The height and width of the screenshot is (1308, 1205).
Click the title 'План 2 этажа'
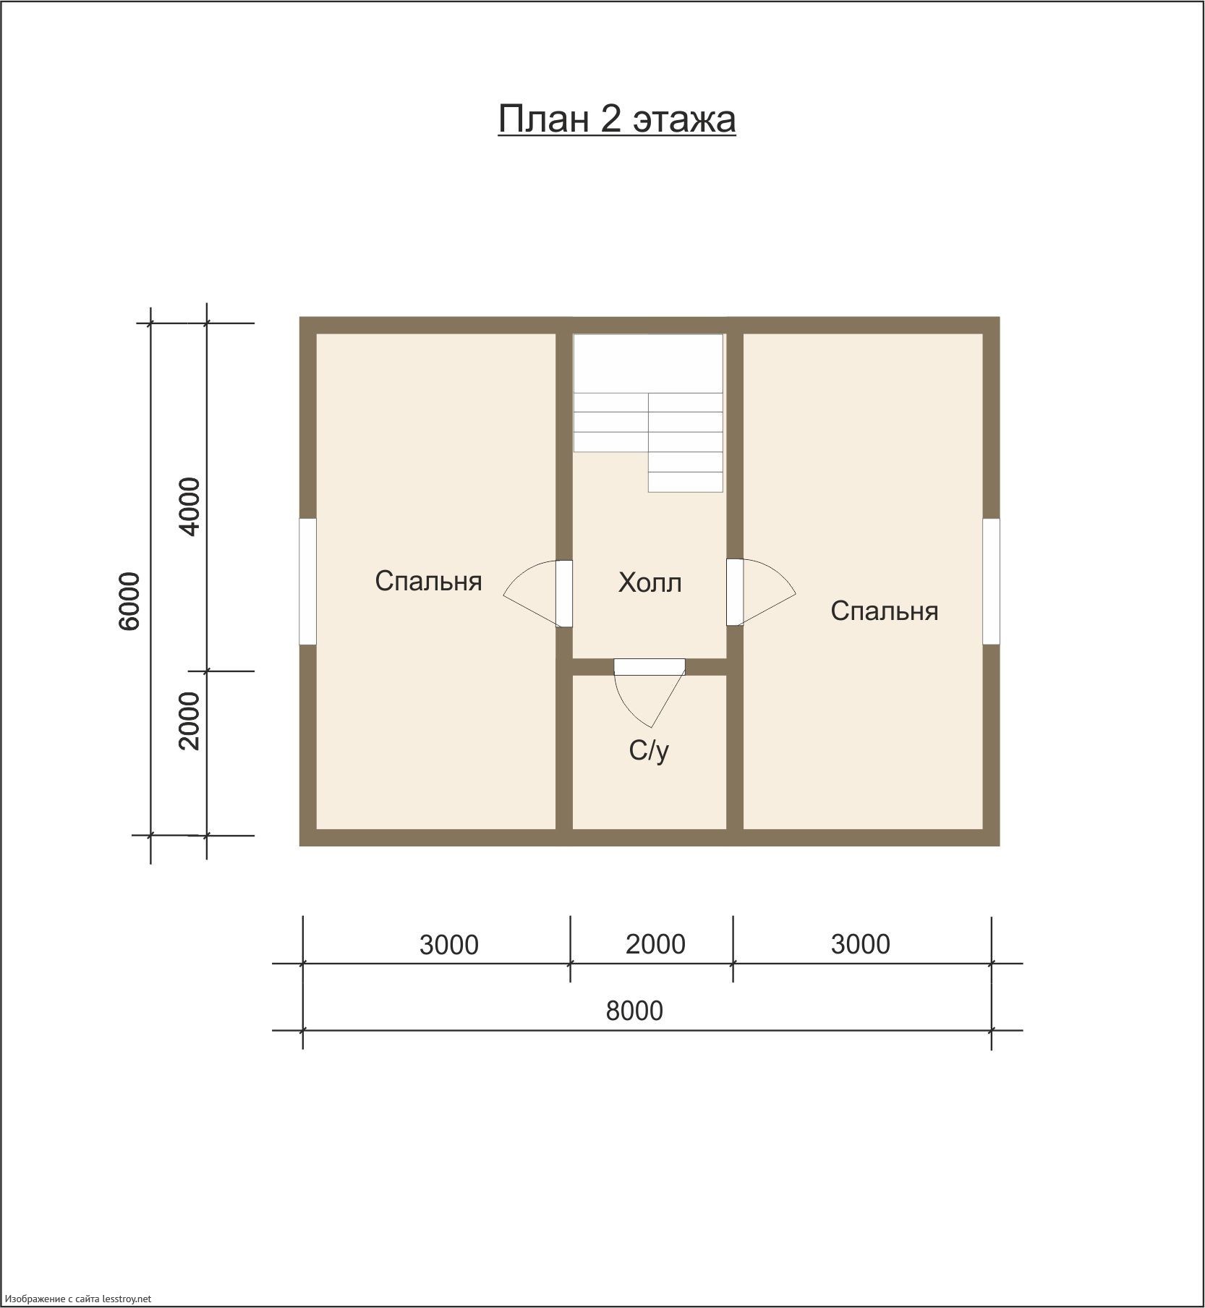coord(616,119)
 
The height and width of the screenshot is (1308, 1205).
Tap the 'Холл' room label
coord(650,582)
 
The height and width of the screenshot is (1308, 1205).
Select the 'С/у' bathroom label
coord(649,751)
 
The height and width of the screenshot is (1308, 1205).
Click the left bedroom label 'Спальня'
coord(428,581)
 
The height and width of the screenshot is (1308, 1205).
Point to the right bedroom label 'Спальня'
coord(884,611)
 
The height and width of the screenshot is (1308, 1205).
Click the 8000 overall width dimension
coord(634,1011)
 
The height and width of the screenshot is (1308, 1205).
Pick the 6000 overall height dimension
coord(129,601)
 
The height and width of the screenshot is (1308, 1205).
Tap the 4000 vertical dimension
coord(190,506)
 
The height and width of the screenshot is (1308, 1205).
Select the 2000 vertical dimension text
coord(190,721)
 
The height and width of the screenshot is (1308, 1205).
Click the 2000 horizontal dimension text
coord(655,944)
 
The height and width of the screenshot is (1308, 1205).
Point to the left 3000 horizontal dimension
coord(449,945)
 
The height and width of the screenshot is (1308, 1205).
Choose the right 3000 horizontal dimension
coord(860,944)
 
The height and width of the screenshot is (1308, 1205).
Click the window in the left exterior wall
coord(307,581)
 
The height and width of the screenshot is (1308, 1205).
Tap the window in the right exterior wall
coord(991,581)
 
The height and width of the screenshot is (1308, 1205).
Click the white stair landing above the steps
coord(648,363)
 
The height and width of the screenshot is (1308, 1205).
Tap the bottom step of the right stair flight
coord(686,482)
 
